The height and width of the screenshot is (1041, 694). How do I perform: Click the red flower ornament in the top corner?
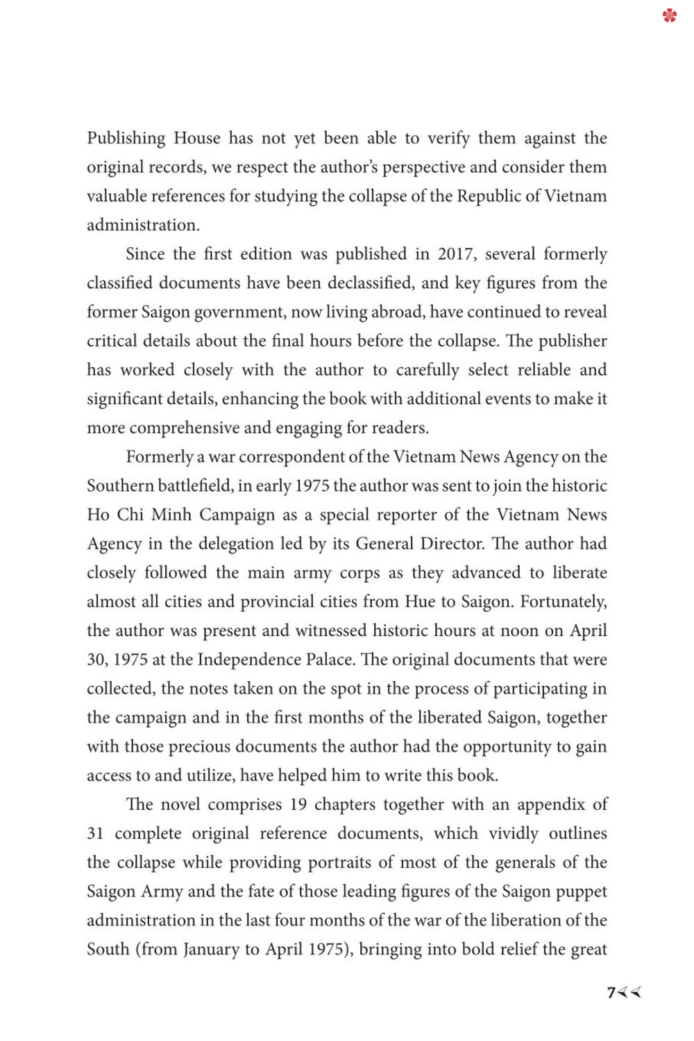pyautogui.click(x=669, y=15)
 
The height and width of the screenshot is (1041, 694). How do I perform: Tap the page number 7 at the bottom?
pyautogui.click(x=611, y=992)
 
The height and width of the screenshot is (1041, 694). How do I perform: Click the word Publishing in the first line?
pyautogui.click(x=126, y=138)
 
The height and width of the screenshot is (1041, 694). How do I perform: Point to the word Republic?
pyautogui.click(x=489, y=196)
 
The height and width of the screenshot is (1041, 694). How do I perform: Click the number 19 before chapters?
pyautogui.click(x=298, y=805)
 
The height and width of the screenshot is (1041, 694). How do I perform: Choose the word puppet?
pyautogui.click(x=582, y=892)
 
